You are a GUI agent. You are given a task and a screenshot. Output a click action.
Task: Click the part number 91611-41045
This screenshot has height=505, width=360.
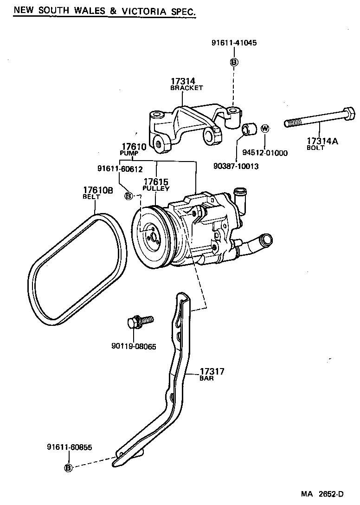[x=234, y=43]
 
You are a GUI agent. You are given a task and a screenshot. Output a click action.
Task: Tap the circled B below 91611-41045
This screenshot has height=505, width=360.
[x=234, y=62]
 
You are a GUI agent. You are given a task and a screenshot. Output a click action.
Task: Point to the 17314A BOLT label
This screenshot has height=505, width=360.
[x=321, y=144]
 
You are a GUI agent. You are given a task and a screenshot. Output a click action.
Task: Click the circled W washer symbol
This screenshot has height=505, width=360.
[x=265, y=128]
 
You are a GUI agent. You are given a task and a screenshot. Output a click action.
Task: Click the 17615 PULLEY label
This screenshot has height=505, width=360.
[x=156, y=184]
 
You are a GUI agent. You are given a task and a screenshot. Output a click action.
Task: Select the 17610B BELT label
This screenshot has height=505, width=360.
[x=98, y=193]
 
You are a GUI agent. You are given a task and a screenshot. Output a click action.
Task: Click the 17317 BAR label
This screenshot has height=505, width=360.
[x=212, y=374]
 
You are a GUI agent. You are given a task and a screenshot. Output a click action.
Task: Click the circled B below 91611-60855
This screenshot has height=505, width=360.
[x=68, y=468]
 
